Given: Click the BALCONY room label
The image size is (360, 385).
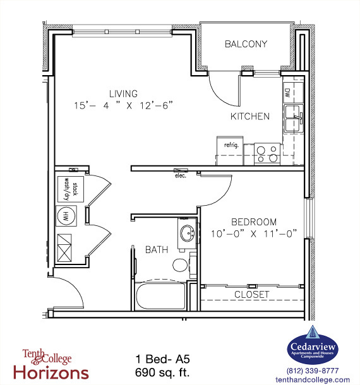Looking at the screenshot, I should [x=246, y=44].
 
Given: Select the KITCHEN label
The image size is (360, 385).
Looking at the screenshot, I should [x=249, y=116].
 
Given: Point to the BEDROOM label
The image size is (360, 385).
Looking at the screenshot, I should [x=253, y=222].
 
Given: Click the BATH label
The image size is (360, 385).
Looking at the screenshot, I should [x=157, y=250].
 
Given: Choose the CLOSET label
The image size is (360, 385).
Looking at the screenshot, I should [x=251, y=295].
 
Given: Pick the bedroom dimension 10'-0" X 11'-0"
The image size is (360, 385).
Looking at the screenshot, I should [x=254, y=234].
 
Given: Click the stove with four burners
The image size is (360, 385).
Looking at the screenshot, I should [x=267, y=153].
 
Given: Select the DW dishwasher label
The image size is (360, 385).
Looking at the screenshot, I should [x=287, y=92].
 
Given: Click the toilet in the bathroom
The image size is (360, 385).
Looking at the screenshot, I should [x=181, y=263].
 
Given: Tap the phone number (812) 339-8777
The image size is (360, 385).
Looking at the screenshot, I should [x=312, y=371].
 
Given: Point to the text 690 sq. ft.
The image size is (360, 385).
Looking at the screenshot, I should [x=162, y=373].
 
